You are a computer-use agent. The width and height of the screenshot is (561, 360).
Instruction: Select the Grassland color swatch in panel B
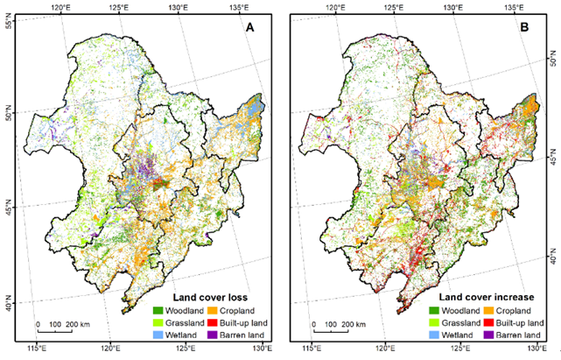434,322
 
